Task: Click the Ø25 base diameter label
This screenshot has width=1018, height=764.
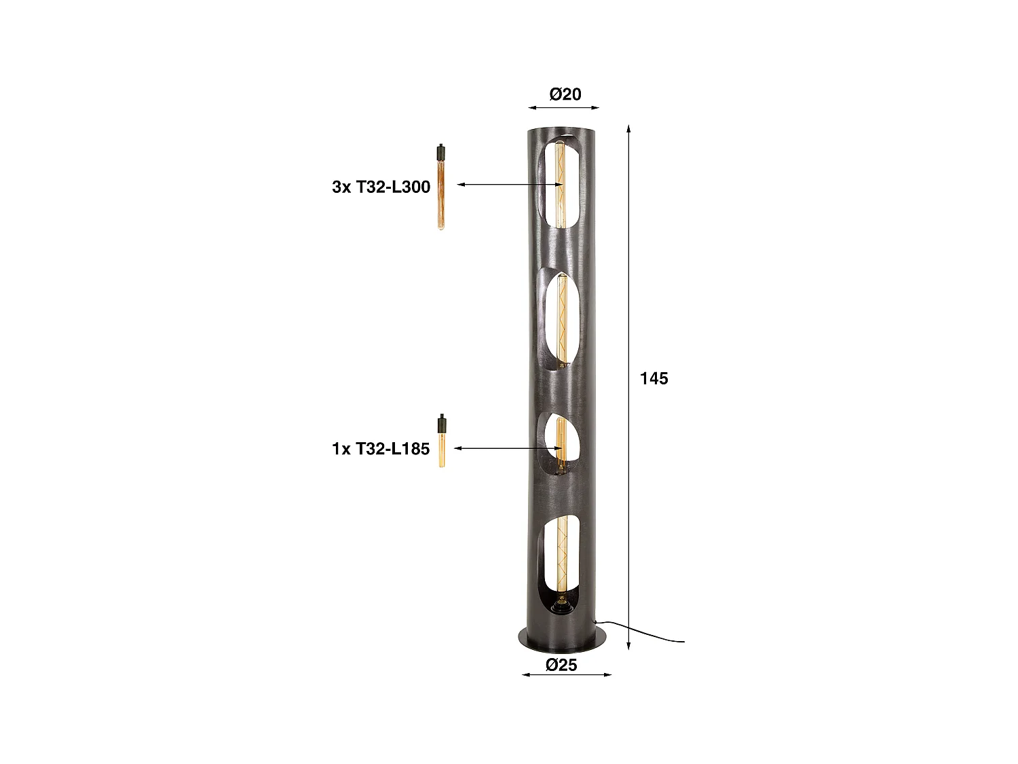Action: click(x=561, y=665)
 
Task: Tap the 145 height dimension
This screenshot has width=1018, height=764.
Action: click(x=654, y=378)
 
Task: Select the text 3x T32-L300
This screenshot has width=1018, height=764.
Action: click(x=381, y=187)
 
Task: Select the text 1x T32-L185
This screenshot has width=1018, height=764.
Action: click(x=381, y=449)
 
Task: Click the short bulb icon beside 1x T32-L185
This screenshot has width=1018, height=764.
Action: click(x=441, y=442)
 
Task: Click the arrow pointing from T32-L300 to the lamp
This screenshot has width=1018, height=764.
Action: click(x=509, y=185)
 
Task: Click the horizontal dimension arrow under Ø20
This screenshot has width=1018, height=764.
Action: click(x=564, y=107)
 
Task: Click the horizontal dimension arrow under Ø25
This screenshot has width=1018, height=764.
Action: click(x=566, y=674)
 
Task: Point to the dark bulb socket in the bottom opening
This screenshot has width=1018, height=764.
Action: click(x=561, y=603)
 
